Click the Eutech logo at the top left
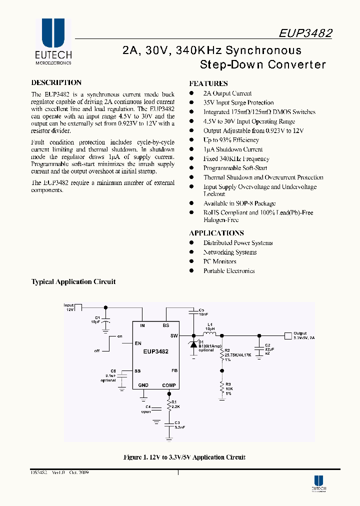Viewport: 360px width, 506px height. [53, 42]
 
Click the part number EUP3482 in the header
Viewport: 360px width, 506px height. [305, 33]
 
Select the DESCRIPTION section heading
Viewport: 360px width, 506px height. [56, 83]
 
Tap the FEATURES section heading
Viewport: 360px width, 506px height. [208, 83]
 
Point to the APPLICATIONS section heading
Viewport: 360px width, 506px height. [216, 233]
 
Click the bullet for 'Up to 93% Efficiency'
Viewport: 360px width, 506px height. [191, 140]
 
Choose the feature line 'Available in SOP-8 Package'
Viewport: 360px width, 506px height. [239, 203]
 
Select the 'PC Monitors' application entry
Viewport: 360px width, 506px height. [219, 261]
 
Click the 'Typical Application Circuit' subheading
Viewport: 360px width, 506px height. [73, 282]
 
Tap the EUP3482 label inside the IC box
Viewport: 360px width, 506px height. [155, 351]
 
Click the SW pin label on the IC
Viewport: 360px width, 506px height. [173, 335]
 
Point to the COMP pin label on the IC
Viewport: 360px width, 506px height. [169, 385]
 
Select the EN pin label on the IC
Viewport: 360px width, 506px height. [138, 343]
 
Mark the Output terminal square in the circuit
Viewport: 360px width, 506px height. [287, 335]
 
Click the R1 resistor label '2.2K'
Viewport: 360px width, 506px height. [175, 406]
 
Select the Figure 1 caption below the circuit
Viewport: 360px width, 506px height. [184, 457]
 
